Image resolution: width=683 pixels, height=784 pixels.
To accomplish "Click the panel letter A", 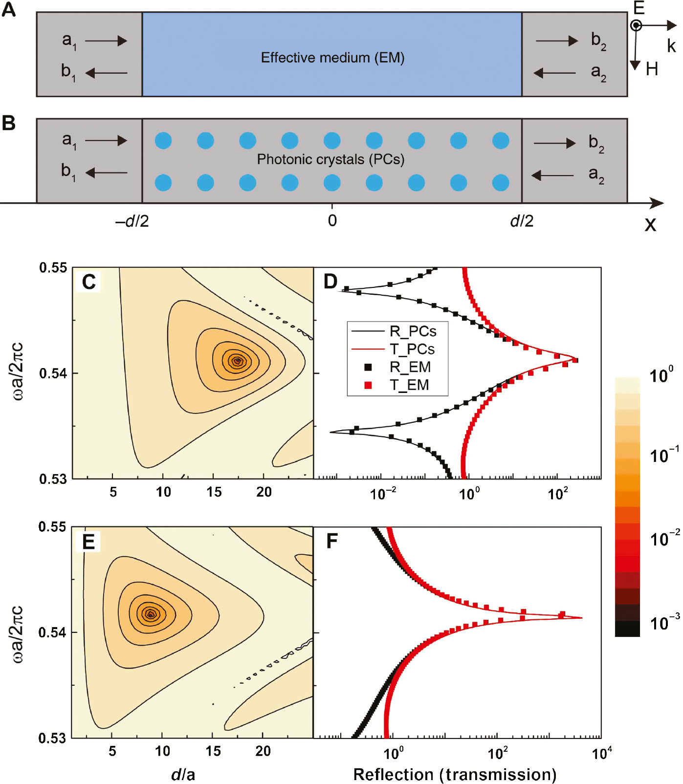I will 8,9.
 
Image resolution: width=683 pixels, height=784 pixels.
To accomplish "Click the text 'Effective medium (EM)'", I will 332,58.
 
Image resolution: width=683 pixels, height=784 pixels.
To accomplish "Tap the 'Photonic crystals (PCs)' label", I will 330,159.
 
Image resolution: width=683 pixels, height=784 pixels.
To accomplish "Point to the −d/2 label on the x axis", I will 132,221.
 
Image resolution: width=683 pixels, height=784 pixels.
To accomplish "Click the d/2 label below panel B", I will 522,221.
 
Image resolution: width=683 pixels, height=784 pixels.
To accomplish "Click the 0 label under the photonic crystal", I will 332,221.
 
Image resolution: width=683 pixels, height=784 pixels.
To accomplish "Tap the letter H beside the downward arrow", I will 652,69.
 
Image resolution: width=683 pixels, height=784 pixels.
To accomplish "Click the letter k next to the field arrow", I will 671,46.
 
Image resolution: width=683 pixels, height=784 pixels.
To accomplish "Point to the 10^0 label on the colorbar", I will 661,375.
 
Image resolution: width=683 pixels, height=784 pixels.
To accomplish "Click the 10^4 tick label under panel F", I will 601,753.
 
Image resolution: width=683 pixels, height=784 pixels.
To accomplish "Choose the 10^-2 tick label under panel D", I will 383,494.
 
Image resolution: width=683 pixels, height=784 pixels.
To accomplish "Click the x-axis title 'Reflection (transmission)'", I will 455,774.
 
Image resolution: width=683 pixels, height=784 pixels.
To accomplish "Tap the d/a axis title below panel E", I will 183,774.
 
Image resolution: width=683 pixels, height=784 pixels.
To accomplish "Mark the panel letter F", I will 332,542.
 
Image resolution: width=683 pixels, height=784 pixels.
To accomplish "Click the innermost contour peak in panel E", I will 151,614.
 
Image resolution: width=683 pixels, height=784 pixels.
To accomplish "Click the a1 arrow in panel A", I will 106,41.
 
